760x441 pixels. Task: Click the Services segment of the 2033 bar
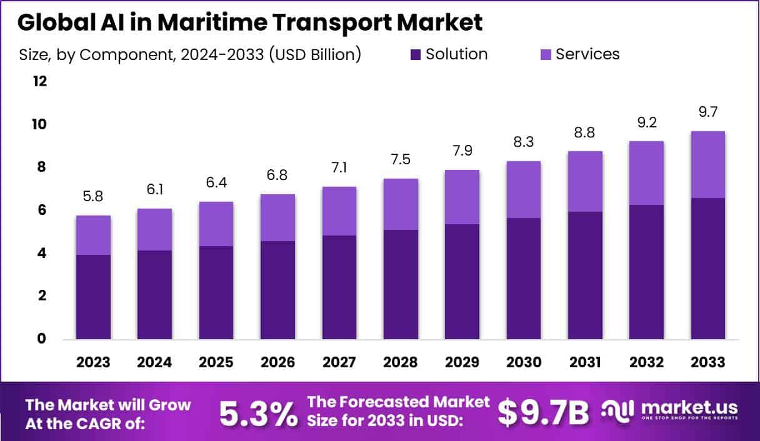(x=707, y=164)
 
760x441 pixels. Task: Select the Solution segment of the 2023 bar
(x=93, y=297)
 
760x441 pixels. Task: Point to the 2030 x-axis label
(x=523, y=362)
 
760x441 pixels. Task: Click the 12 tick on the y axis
(x=39, y=81)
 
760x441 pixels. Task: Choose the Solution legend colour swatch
(x=414, y=55)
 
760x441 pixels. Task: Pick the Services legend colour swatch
(x=544, y=55)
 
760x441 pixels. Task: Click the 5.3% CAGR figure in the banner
(x=258, y=413)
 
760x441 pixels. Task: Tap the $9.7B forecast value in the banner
(x=543, y=413)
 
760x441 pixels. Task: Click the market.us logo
(x=671, y=410)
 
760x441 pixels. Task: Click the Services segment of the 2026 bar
(x=277, y=217)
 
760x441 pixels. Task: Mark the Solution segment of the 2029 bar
(x=462, y=282)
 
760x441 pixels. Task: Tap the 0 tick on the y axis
(x=41, y=339)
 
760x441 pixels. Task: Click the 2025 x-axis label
(x=216, y=362)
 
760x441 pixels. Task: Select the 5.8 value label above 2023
(x=93, y=196)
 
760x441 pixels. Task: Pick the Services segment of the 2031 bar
(x=584, y=181)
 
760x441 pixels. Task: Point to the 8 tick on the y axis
(x=41, y=167)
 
